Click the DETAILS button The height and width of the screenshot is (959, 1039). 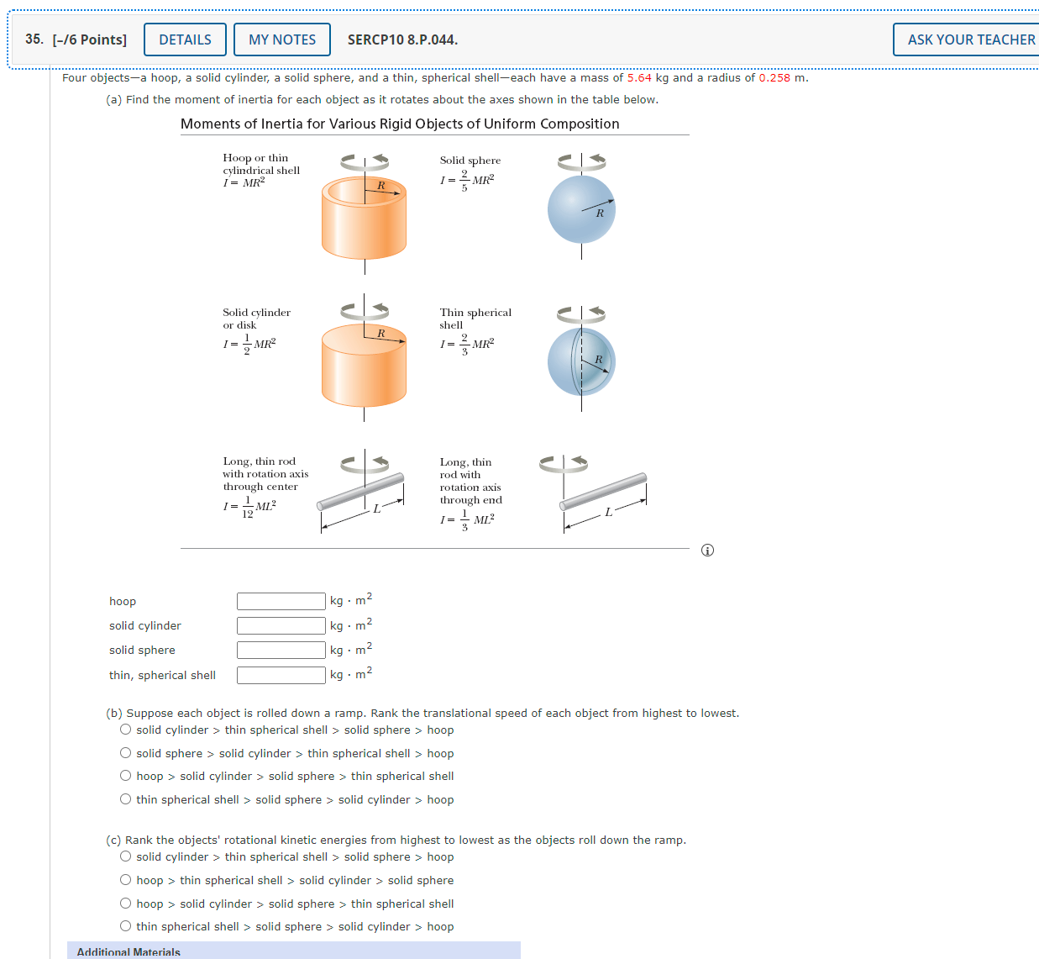click(185, 40)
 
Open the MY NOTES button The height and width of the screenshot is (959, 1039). click(282, 40)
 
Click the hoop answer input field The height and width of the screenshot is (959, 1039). click(281, 601)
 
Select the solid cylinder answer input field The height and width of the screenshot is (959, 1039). click(281, 625)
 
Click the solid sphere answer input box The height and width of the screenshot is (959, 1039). click(281, 650)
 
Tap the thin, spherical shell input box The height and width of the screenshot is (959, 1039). click(281, 675)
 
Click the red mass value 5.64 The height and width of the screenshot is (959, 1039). click(639, 77)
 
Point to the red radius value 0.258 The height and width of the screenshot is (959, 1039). click(774, 77)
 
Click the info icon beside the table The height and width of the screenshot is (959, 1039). click(707, 551)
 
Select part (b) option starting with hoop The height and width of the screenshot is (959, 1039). click(126, 776)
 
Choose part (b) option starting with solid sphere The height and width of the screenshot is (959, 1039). click(126, 753)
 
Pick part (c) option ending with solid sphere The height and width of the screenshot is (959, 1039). click(126, 880)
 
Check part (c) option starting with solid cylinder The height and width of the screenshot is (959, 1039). click(126, 856)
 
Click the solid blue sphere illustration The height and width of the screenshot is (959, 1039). click(581, 209)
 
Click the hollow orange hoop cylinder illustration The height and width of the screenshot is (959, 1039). click(364, 218)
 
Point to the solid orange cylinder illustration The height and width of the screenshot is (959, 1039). click(364, 366)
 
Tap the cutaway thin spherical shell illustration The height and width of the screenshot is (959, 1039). click(581, 362)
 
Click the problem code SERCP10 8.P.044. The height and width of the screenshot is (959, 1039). click(402, 40)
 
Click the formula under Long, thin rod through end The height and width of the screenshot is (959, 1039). click(467, 520)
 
